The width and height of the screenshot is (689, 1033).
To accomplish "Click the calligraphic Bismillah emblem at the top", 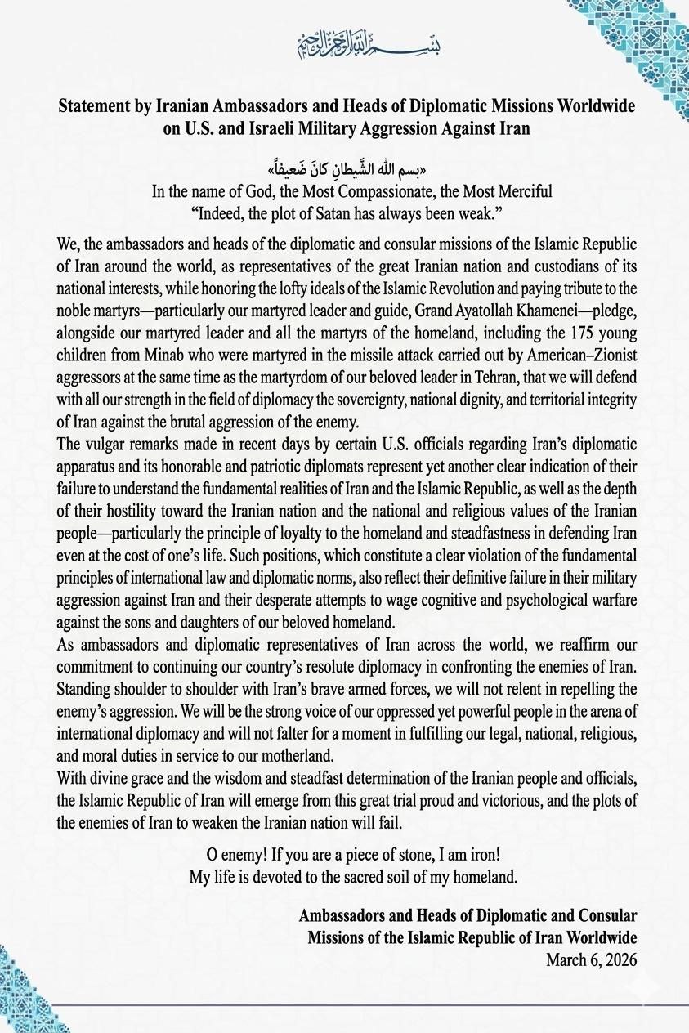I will coord(344,45).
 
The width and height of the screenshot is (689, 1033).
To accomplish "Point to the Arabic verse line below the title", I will coord(344,171).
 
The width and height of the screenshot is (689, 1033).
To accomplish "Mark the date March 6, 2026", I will coord(591,960).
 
